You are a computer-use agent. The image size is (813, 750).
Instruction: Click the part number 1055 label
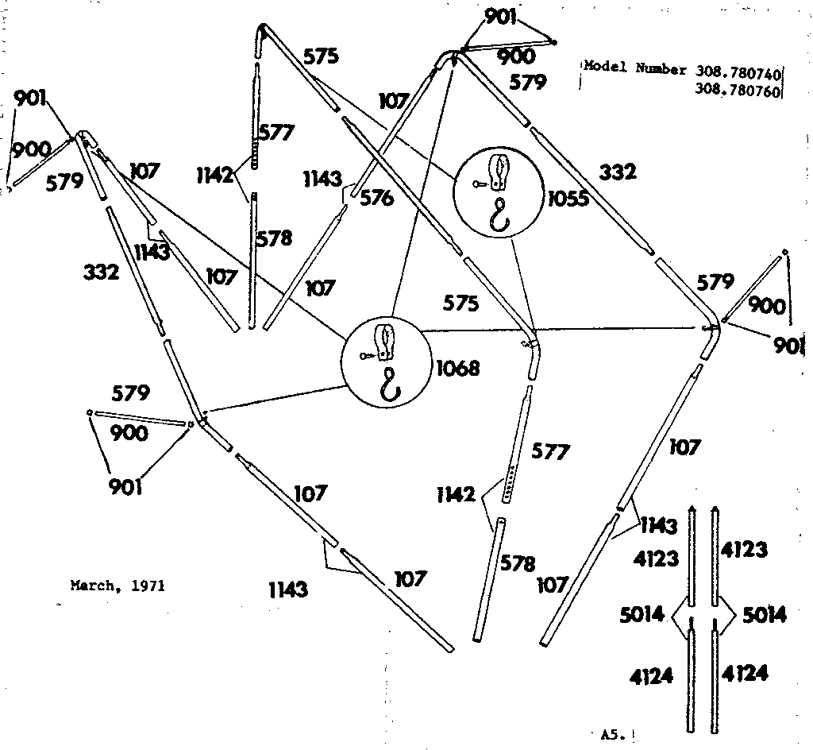tap(568, 199)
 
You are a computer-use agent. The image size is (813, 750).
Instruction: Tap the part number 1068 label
tap(458, 369)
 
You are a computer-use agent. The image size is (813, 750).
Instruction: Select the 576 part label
tap(376, 198)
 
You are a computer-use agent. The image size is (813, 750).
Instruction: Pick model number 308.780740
tap(738, 74)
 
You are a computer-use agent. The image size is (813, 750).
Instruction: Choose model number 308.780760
tap(738, 91)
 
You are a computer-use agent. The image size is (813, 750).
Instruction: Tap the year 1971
tap(148, 586)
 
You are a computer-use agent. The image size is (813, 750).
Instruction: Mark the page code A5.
tap(614, 734)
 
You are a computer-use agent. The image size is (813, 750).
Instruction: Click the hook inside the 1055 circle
tap(499, 215)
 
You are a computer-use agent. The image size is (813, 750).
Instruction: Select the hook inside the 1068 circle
tap(391, 384)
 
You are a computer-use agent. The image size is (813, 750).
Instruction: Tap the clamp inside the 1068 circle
tap(385, 342)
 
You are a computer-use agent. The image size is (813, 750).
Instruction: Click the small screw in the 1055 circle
tap(480, 183)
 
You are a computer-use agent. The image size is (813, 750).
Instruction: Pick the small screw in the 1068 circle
tap(367, 356)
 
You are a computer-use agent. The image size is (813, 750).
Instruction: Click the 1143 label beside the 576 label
tap(322, 180)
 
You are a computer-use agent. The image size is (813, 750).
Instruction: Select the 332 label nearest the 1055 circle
tap(617, 172)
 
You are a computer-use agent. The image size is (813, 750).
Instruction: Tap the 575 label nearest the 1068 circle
tap(460, 303)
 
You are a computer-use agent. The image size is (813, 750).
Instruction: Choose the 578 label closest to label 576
tap(274, 238)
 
